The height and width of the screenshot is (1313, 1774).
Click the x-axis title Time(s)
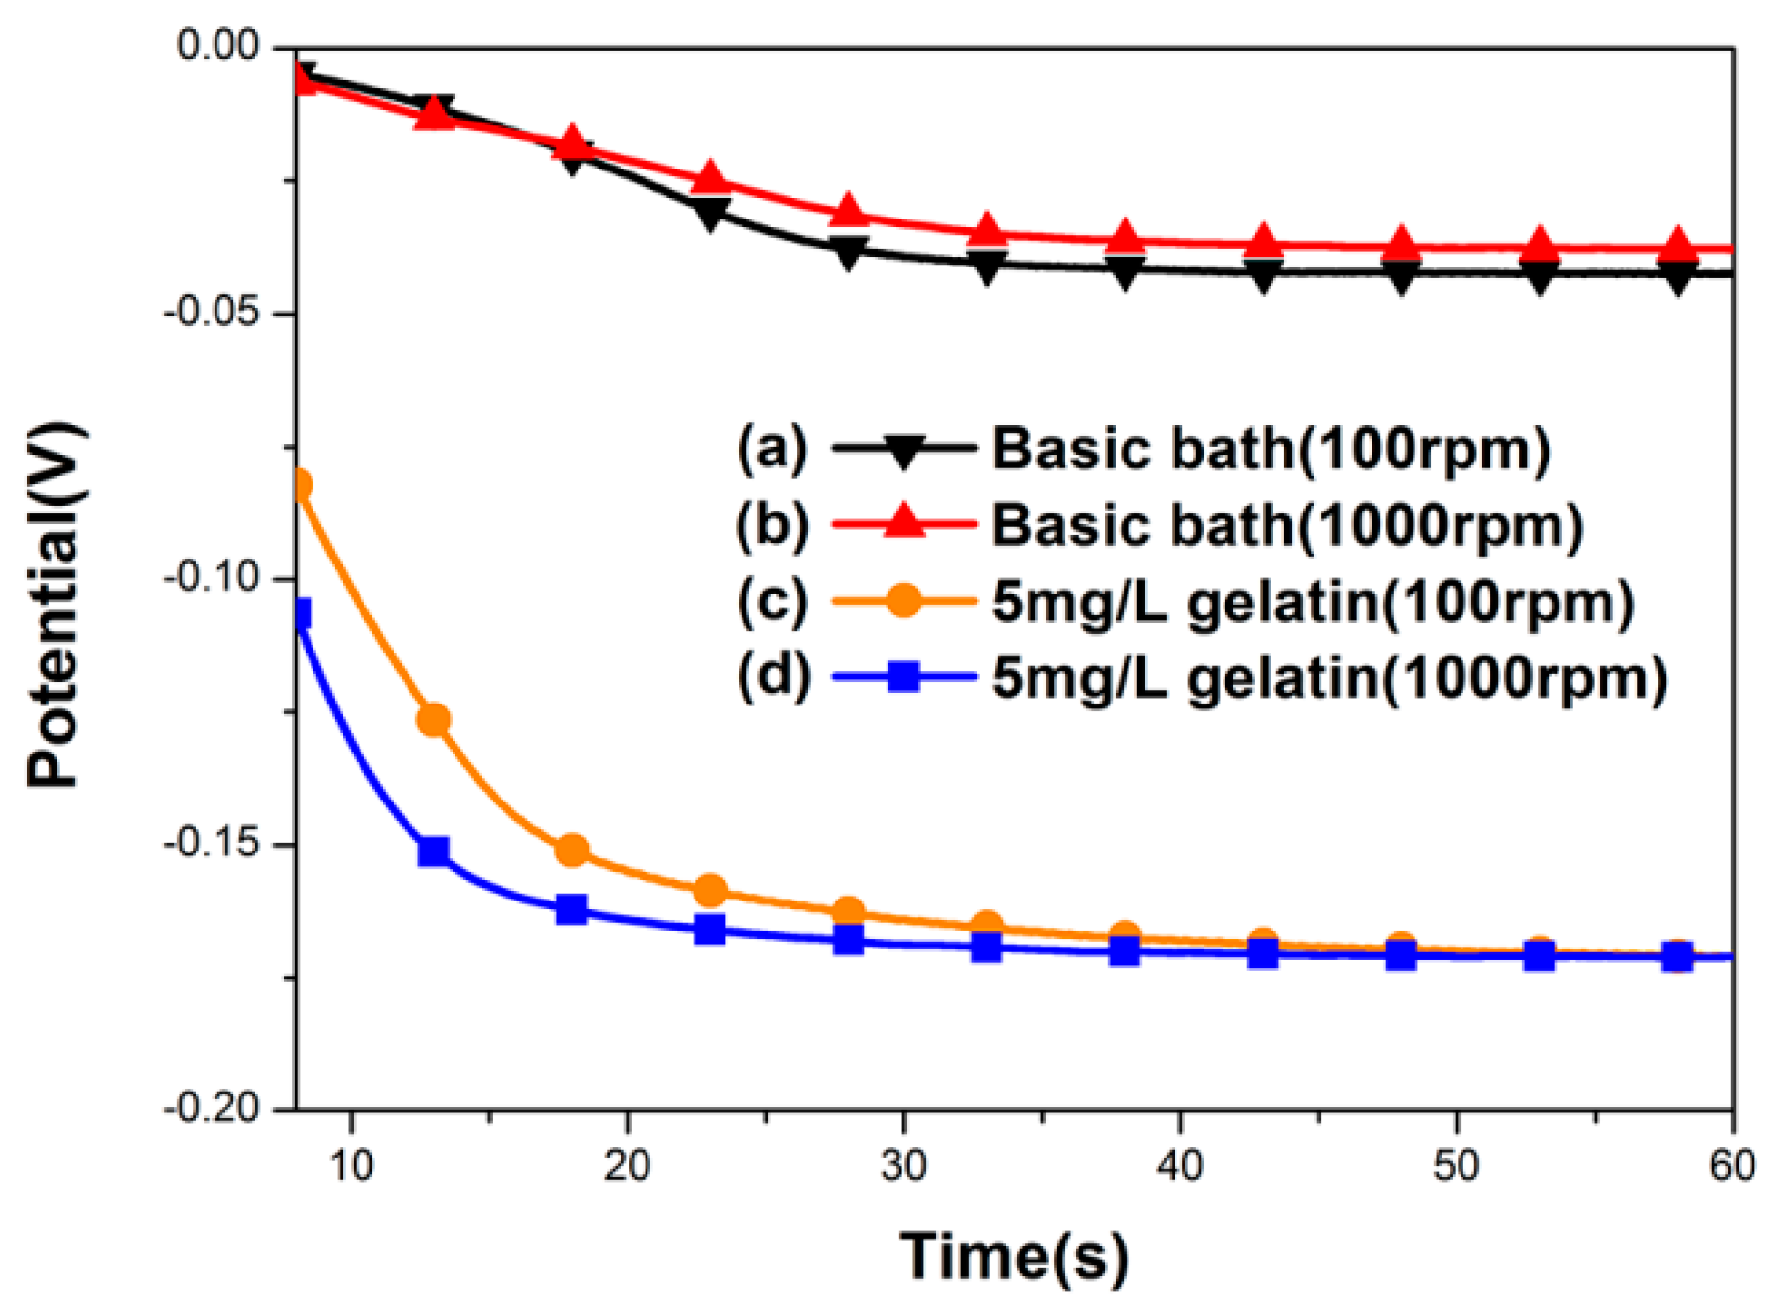coord(1014,1256)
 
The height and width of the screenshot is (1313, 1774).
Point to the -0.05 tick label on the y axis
coord(213,314)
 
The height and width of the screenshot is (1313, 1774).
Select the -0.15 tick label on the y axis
coord(213,844)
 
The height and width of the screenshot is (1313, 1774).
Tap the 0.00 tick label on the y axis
coord(217,46)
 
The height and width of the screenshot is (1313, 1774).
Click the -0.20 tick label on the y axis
coord(213,1109)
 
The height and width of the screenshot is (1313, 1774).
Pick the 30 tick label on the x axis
coord(903,1166)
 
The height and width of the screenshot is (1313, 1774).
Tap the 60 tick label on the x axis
coord(1732,1166)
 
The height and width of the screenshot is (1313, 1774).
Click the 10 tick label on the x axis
coord(351,1166)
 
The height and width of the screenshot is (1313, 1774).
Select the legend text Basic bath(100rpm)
coord(1271,450)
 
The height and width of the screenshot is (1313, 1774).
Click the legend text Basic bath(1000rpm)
coord(1287,526)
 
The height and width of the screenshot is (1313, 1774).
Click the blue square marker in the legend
coord(903,676)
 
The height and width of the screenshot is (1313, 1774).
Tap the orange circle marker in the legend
coord(903,601)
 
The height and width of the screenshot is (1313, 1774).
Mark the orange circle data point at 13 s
coord(433,720)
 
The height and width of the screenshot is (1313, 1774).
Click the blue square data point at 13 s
coord(433,851)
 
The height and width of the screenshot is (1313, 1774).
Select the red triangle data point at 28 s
coord(848,213)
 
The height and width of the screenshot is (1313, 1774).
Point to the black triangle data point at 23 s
coord(710,213)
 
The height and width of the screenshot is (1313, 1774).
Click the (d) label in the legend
coord(773,677)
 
